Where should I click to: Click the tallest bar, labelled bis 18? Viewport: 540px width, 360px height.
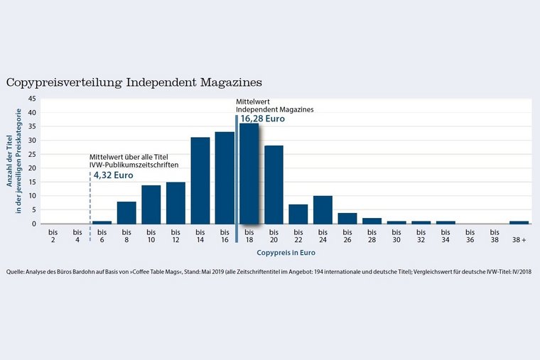click(249, 175)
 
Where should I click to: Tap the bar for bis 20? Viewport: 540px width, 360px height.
click(274, 185)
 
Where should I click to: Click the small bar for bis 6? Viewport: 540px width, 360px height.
click(102, 222)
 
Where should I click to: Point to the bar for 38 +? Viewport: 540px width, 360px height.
click(519, 222)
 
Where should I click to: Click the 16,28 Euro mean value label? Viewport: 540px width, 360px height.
click(262, 119)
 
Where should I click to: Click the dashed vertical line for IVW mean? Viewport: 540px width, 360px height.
click(90, 199)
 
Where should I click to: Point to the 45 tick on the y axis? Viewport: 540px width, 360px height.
click(32, 99)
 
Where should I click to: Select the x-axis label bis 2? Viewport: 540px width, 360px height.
click(53, 236)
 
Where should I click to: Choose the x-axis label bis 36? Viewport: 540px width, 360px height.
click(470, 236)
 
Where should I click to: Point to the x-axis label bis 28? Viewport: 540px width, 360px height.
click(372, 236)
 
